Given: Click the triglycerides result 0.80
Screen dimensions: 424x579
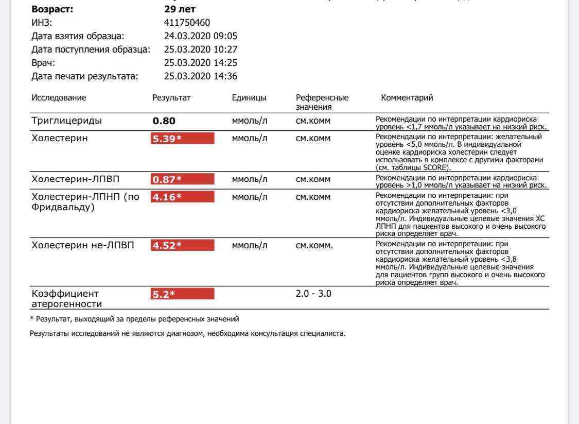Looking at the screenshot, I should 164,121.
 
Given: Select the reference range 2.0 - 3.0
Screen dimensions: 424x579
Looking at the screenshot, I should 313,294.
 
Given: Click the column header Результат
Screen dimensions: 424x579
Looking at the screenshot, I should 171,97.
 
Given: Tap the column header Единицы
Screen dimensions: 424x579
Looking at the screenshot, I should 249,97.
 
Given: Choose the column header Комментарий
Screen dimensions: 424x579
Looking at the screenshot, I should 407,97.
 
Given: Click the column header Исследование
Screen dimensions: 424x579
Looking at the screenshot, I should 59,97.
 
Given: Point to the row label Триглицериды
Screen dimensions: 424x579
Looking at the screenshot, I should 67,121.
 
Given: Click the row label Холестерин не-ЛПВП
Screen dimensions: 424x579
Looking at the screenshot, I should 83,245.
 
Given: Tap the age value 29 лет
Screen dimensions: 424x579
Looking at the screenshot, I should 180,9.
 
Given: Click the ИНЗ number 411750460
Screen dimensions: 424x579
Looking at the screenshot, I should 187,23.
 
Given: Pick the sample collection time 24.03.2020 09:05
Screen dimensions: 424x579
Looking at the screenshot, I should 200,36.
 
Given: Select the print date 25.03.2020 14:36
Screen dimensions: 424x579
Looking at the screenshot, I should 200,76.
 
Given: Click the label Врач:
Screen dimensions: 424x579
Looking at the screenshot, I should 43,63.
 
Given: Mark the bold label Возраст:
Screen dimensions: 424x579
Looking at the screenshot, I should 52,9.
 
